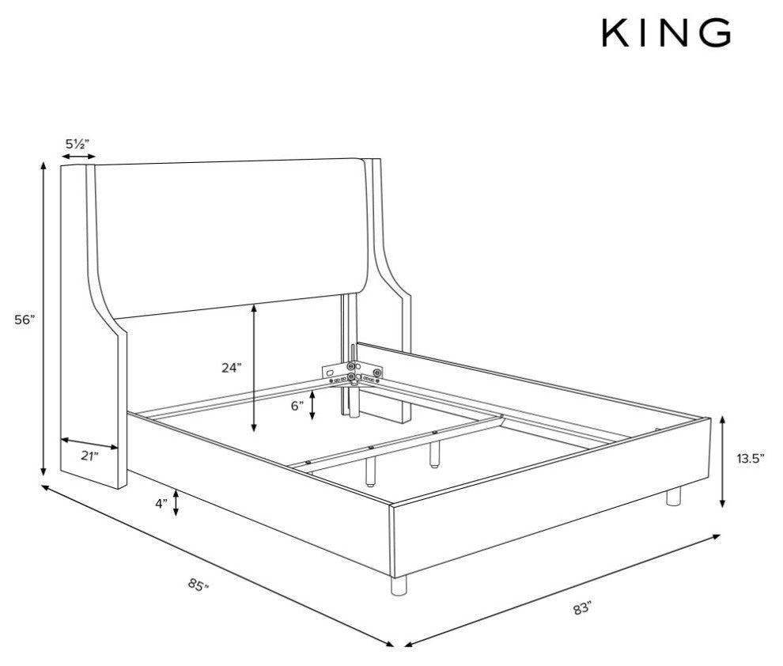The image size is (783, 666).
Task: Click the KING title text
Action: click(x=666, y=33)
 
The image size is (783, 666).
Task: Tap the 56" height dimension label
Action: click(x=25, y=320)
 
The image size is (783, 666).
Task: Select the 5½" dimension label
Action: click(x=78, y=144)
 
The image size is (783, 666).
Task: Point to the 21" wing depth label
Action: click(x=90, y=456)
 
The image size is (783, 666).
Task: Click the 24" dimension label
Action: click(x=232, y=368)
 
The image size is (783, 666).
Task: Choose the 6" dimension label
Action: click(x=297, y=406)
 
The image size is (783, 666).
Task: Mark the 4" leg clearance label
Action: click(x=161, y=504)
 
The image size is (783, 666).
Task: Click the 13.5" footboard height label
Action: click(x=751, y=458)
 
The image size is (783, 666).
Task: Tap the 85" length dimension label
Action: click(x=199, y=585)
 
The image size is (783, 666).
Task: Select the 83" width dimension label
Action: click(x=582, y=608)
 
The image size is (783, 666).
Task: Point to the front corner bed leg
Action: click(x=399, y=585)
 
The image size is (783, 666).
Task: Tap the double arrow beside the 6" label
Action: click(x=312, y=405)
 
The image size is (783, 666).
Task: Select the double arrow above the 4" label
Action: click(x=176, y=503)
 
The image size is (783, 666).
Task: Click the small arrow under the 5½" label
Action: click(x=78, y=157)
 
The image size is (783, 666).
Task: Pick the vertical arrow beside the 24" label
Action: click(x=254, y=368)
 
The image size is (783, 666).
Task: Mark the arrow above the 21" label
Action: click(x=90, y=443)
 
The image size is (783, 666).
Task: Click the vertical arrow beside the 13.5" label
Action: click(x=723, y=462)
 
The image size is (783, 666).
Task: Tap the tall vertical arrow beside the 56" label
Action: click(x=44, y=319)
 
